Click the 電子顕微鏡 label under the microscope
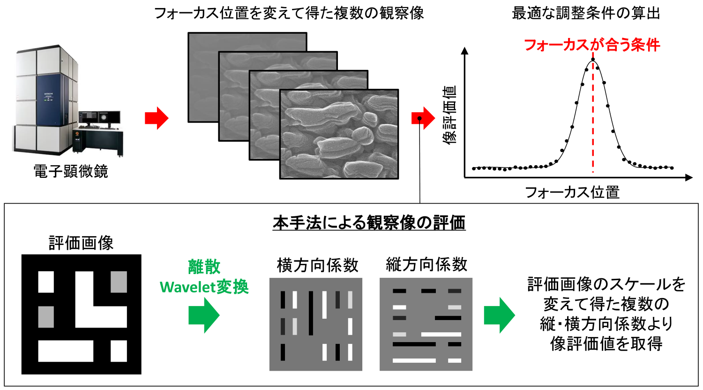[x=71, y=171]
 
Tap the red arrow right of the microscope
[x=156, y=118]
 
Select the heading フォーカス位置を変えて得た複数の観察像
[x=289, y=13]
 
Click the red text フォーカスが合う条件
[x=591, y=45]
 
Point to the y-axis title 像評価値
[x=450, y=115]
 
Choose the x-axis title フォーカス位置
[x=572, y=192]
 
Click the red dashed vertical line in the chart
[x=593, y=117]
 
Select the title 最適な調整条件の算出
[x=586, y=13]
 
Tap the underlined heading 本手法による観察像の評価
[x=369, y=223]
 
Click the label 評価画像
[x=81, y=243]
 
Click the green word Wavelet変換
[x=204, y=287]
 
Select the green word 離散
[x=204, y=267]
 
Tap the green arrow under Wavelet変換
[x=204, y=315]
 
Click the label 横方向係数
[x=317, y=266]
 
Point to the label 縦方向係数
[x=426, y=265]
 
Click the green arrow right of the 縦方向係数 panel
[x=499, y=315]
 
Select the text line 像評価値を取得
[x=606, y=344]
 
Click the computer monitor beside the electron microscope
[x=99, y=117]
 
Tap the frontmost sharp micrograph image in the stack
[x=339, y=134]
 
